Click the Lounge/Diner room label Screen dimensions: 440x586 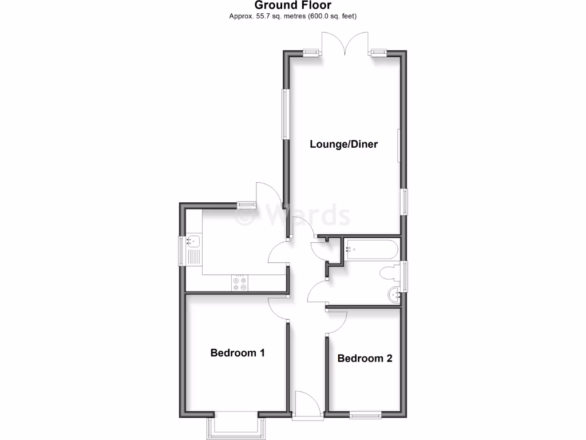(x=343, y=144)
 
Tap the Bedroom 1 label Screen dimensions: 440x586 (x=237, y=353)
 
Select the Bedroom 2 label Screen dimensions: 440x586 (x=365, y=359)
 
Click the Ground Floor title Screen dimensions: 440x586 (x=292, y=6)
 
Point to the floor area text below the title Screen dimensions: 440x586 (x=292, y=16)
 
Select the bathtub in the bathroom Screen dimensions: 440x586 (x=370, y=249)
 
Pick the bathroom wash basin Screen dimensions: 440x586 (x=394, y=296)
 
